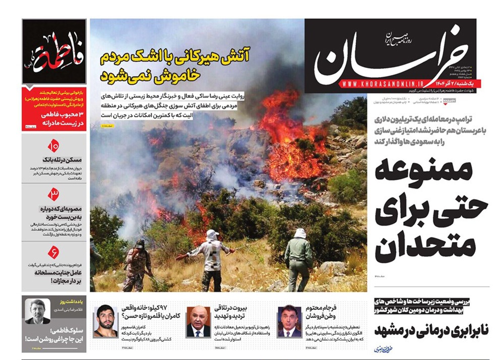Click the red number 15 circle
click(x=53, y=147)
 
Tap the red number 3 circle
click(x=53, y=193)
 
